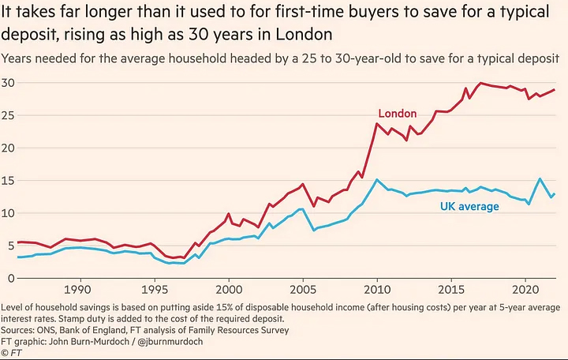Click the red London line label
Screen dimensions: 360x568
click(x=398, y=114)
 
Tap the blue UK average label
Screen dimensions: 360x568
click(x=469, y=207)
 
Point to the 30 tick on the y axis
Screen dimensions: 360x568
click(x=9, y=83)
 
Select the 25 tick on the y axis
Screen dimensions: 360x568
click(x=9, y=115)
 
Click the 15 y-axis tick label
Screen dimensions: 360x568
click(x=9, y=181)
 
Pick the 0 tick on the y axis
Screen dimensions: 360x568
click(x=12, y=278)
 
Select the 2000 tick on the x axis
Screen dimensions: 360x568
click(x=229, y=291)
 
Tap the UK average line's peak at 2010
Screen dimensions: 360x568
click(x=377, y=180)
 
